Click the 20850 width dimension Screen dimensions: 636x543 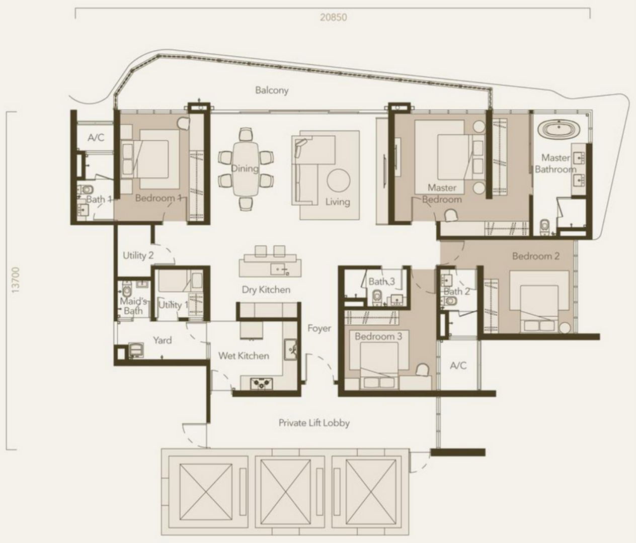coord(333,17)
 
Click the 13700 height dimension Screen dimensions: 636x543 coord(15,280)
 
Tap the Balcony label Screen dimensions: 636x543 coord(272,90)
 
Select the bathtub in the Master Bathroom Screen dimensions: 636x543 coord(559,129)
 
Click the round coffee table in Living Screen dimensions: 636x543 coord(338,180)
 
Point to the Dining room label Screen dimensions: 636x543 coord(245,168)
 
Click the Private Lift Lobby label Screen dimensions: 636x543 coord(314,423)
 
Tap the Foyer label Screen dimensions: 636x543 coord(319,328)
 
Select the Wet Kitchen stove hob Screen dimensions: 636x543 coord(262,383)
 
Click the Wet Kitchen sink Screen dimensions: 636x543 coord(290,349)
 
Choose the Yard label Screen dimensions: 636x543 coord(163,340)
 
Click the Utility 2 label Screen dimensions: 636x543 coord(138,255)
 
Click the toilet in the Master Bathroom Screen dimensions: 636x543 coord(544,227)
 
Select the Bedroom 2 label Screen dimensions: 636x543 coord(536,256)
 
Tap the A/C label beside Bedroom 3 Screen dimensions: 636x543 coord(458,366)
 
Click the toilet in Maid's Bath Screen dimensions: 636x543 coord(126,290)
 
